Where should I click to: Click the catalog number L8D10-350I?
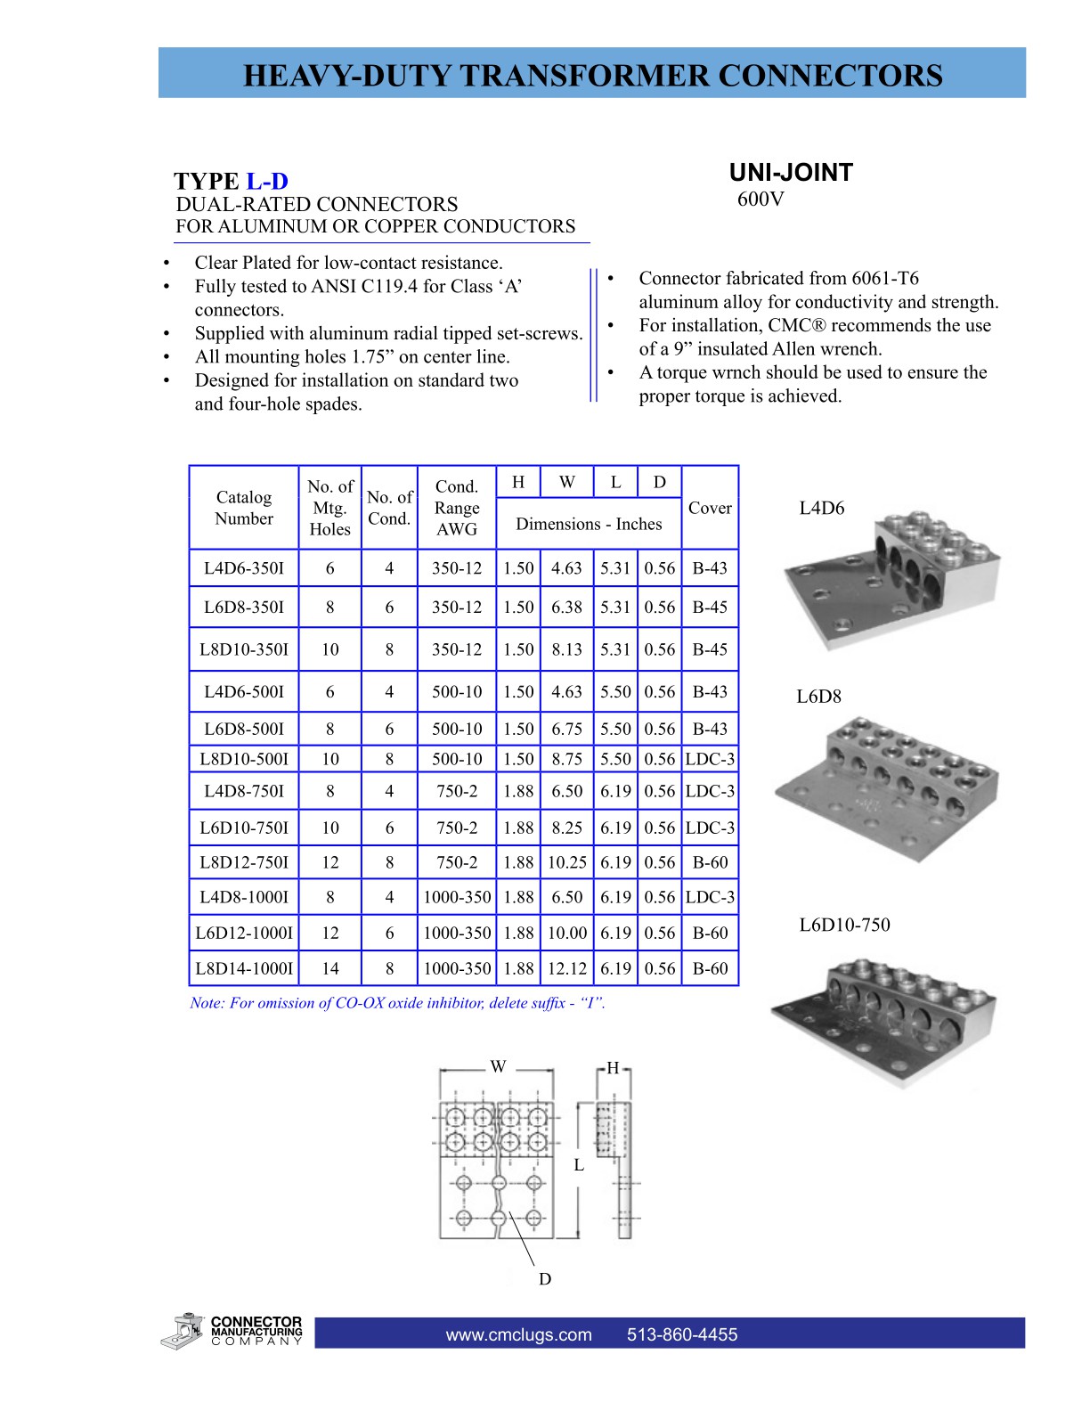point(244,649)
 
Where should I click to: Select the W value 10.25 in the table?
point(567,862)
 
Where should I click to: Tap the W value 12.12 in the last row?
point(567,968)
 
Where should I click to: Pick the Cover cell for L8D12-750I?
point(710,862)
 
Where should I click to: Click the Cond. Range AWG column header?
point(457,508)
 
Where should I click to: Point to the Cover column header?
point(710,508)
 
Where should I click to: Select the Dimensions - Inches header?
point(589,524)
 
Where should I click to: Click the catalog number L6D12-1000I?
point(244,933)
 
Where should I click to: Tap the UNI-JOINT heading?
point(791,173)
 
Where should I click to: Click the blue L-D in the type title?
point(267,182)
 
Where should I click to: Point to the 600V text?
point(761,200)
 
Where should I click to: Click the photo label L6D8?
point(818,697)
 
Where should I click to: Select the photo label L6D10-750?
point(844,925)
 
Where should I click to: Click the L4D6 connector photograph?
point(891,579)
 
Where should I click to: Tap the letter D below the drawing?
point(545,1279)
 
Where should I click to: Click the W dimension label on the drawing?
point(498,1066)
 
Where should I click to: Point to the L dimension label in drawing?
point(579,1165)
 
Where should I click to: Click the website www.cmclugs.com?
point(518,1334)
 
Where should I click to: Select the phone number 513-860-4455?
point(682,1334)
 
